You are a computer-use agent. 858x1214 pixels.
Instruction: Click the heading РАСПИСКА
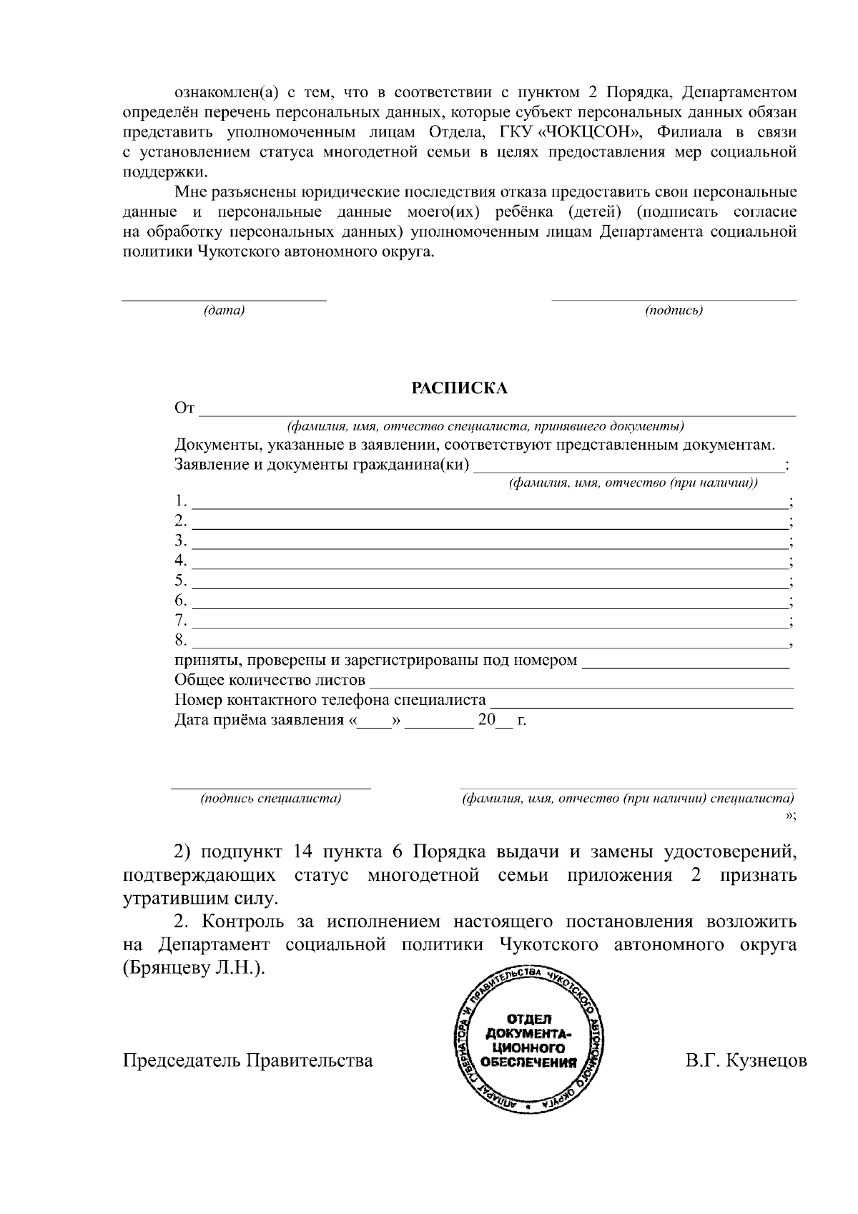[x=459, y=388]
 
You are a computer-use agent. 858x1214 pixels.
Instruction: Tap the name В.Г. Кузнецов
[x=746, y=1060]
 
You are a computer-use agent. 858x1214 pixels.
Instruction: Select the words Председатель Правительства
[x=248, y=1060]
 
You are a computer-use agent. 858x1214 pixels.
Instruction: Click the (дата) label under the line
[x=224, y=311]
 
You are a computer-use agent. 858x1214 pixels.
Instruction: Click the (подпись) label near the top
[x=674, y=311]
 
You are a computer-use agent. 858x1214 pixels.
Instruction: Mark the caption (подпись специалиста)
[x=271, y=798]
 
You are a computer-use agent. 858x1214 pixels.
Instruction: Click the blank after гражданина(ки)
[x=629, y=468]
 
